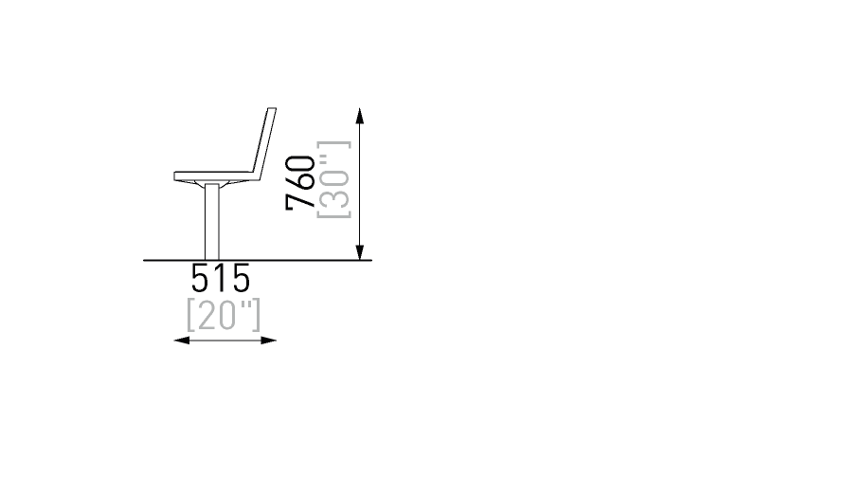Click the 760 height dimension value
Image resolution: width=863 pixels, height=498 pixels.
coord(300,183)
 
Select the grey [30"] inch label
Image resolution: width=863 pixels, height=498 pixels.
coord(333,179)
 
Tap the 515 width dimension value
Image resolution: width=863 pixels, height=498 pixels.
coord(220,278)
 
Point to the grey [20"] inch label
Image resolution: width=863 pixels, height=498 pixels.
coord(223,315)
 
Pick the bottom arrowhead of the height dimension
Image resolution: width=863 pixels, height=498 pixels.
coord(360,252)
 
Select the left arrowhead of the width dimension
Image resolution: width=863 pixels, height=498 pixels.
coord(182,341)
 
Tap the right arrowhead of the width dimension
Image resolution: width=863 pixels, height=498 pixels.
coord(269,341)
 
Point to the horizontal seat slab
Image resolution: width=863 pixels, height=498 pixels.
coord(216,176)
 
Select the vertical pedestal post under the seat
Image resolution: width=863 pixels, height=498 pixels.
coord(212,221)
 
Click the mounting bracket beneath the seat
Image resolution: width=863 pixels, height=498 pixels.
coord(212,183)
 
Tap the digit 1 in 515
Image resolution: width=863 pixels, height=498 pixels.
coord(220,278)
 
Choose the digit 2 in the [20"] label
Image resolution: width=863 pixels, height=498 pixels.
coord(207,316)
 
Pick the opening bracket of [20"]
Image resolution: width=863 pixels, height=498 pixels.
coord(190,315)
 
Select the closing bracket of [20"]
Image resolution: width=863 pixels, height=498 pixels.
coord(257,315)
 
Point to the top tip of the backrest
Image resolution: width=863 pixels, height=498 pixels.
coord(273,108)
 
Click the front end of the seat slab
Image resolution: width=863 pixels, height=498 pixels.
coord(174,176)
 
